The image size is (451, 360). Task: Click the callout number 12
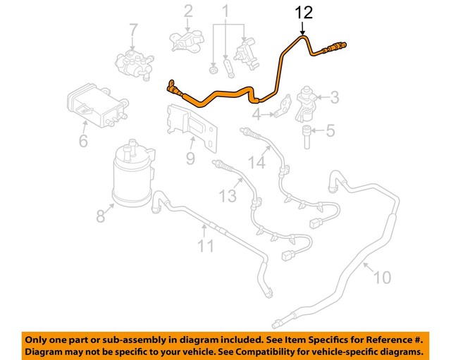click(302, 12)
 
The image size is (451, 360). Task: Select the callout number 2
click(188, 11)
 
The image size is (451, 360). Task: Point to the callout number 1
click(226, 11)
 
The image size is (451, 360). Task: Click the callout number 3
click(335, 97)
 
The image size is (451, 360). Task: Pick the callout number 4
click(257, 113)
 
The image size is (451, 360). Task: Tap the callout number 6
click(83, 142)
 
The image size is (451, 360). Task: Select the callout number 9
click(190, 159)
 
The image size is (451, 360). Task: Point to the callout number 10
click(381, 278)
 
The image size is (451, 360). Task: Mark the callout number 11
click(205, 246)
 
